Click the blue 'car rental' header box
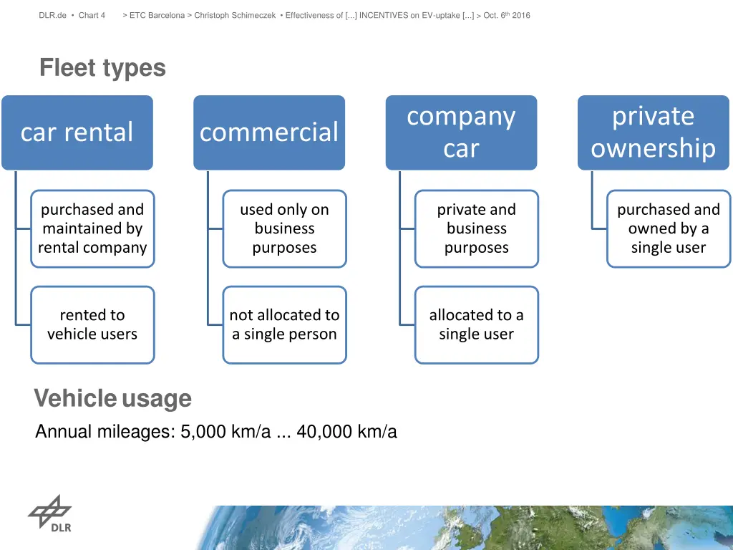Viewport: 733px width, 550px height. click(x=77, y=132)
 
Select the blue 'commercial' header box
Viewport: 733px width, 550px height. click(x=269, y=132)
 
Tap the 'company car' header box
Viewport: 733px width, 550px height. click(x=461, y=132)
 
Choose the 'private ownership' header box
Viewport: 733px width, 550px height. click(x=653, y=132)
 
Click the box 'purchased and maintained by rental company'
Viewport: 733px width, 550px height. click(x=92, y=228)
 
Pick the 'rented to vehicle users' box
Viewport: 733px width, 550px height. click(x=92, y=324)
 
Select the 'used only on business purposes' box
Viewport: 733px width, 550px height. click(x=284, y=228)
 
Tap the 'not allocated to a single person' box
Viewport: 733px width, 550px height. click(x=284, y=324)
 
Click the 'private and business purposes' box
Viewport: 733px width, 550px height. click(x=476, y=228)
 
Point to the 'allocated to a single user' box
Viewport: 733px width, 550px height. click(x=476, y=324)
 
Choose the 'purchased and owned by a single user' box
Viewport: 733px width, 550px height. click(x=668, y=228)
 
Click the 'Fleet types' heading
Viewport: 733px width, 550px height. click(x=102, y=68)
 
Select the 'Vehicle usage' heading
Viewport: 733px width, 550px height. click(x=112, y=398)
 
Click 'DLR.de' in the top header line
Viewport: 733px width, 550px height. click(x=53, y=15)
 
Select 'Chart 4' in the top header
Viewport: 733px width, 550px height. click(x=92, y=15)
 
